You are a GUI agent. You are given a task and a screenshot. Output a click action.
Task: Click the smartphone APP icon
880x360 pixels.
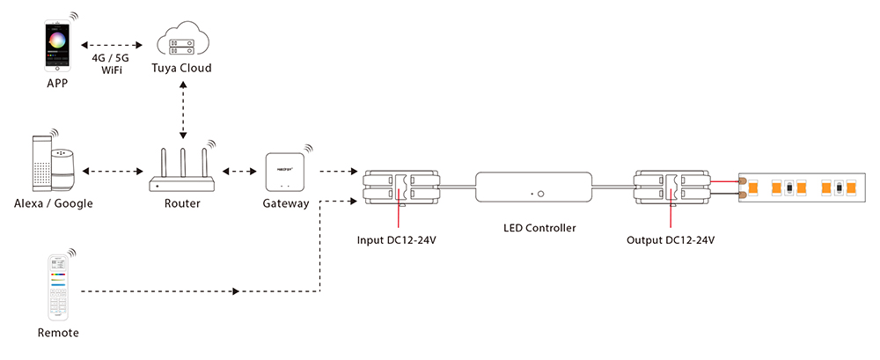57,46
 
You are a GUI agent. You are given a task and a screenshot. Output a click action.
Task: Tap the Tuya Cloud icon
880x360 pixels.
182,41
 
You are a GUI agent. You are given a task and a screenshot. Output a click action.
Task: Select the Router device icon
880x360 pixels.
182,171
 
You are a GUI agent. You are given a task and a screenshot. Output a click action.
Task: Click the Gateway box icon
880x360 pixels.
285,173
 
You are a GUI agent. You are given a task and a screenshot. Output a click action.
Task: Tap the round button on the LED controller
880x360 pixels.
542,191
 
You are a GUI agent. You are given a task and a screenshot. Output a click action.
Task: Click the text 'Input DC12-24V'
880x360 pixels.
398,239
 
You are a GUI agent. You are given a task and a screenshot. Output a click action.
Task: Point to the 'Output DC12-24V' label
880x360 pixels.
670,239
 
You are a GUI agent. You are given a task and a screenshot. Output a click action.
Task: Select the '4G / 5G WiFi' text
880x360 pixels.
111,62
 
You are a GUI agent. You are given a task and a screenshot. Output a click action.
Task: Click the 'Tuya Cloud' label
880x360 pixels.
183,69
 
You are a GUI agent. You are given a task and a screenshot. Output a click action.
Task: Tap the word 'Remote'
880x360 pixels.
58,333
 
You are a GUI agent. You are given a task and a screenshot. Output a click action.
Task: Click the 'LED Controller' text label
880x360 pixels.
539,228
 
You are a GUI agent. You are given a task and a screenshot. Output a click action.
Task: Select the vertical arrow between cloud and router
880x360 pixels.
183,110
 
